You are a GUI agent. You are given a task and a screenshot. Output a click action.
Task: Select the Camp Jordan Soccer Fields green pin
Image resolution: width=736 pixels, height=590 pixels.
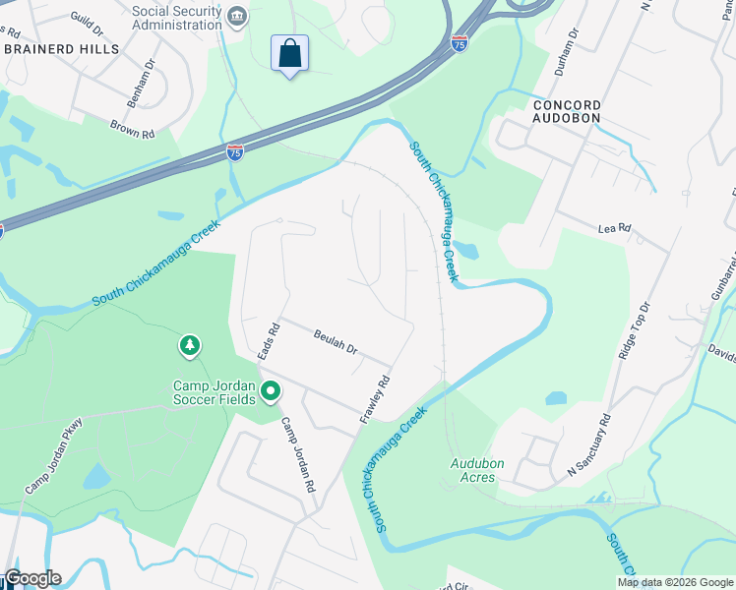[x=271, y=392]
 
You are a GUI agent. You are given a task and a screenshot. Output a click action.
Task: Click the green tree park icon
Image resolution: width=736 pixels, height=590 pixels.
[x=189, y=346]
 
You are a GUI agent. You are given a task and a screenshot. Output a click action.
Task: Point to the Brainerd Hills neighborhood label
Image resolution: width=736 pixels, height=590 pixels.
[x=61, y=48]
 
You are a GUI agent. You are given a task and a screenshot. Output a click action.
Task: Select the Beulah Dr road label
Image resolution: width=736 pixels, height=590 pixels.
[x=337, y=341]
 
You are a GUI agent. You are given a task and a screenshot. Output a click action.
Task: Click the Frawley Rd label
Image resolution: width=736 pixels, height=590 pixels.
[x=375, y=399]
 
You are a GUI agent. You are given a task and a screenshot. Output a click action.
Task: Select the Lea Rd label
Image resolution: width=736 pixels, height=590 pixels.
[x=613, y=228]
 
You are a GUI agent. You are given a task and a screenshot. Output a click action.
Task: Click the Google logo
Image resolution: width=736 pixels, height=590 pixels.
[x=32, y=578]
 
